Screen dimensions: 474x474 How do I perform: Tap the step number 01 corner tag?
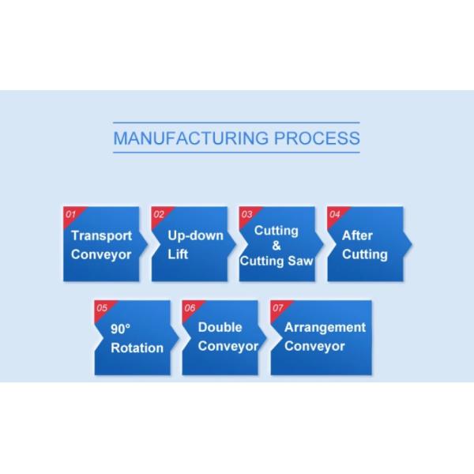click(x=70, y=214)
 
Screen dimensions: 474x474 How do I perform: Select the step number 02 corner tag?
click(x=158, y=214)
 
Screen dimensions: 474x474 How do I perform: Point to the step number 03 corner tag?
click(x=246, y=214)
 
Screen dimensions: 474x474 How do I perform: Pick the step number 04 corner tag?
click(x=334, y=214)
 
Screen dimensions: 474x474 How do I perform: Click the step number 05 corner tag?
click(x=101, y=307)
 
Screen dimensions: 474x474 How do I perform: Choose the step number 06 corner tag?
click(x=190, y=307)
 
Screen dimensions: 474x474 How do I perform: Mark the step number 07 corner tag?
click(x=277, y=307)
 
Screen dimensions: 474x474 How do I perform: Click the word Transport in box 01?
click(x=101, y=235)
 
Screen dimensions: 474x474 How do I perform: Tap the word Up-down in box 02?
click(x=195, y=235)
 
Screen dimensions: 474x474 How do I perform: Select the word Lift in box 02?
click(x=178, y=254)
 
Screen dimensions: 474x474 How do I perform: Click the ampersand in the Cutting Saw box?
click(x=276, y=246)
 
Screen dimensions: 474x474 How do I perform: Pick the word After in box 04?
click(x=357, y=235)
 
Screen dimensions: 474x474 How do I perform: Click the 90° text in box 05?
click(x=119, y=329)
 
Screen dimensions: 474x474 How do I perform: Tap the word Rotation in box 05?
click(x=137, y=348)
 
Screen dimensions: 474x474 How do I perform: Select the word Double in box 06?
click(x=220, y=327)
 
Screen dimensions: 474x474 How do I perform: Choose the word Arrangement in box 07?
click(x=325, y=327)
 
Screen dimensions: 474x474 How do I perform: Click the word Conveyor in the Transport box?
click(x=101, y=254)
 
